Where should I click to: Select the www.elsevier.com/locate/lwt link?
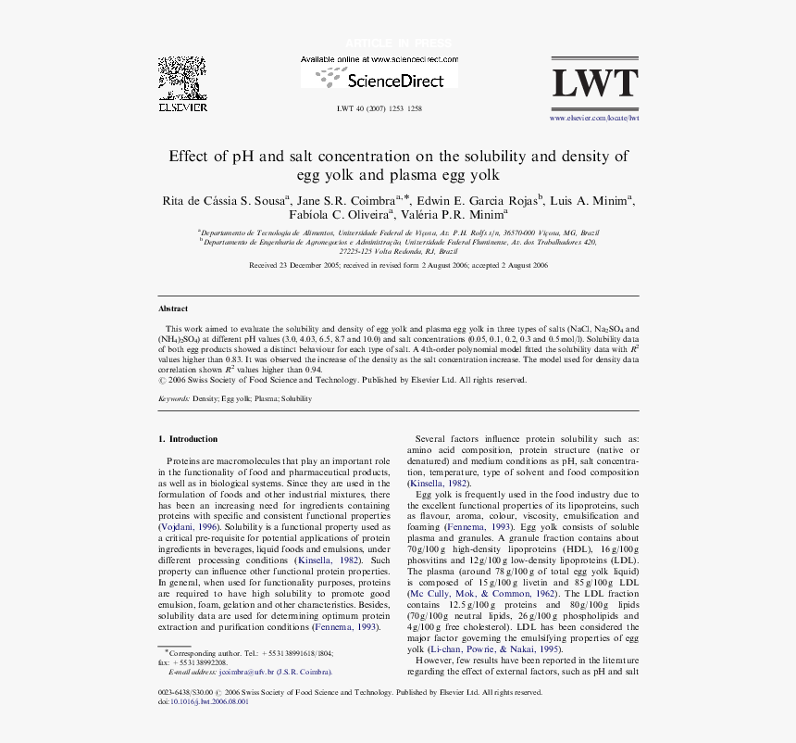[x=595, y=119]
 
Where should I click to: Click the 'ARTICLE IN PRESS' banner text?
[x=398, y=44]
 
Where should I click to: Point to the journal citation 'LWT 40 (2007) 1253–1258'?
[x=379, y=108]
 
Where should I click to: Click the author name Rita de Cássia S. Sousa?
[x=226, y=200]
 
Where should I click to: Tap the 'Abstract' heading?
[x=173, y=309]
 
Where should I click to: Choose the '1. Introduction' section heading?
[x=188, y=439]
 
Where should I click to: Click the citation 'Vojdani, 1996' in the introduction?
[x=190, y=526]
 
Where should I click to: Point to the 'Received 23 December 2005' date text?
[x=294, y=265]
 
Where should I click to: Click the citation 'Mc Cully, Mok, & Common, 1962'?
[x=483, y=593]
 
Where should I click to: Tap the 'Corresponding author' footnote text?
[x=204, y=652]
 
